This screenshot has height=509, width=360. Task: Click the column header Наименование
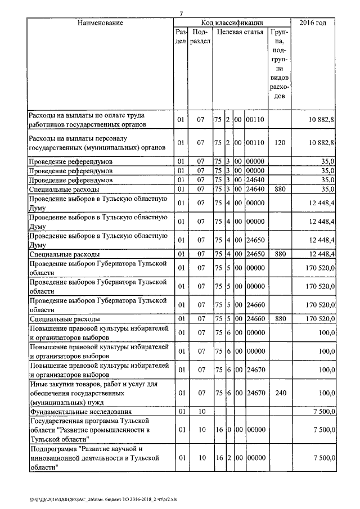coord(100,23)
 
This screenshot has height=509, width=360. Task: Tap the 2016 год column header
coord(314,23)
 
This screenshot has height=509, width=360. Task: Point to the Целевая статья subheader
coord(240,32)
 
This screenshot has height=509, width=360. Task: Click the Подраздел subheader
coord(200,37)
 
